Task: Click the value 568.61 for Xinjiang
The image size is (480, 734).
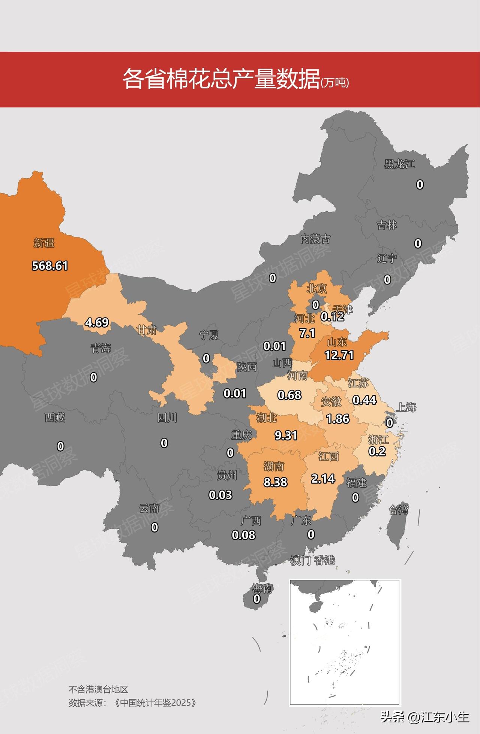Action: coord(50,266)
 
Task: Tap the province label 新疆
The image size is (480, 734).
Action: coord(44,243)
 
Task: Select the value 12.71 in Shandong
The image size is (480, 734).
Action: coord(339,355)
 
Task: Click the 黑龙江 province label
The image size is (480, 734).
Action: coord(399,164)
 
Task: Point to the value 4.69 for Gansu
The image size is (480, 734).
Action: coord(96,322)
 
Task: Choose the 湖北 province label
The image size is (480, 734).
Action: coord(267,418)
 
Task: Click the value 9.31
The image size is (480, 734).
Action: coord(286,435)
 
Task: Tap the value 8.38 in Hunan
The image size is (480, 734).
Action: coord(275,482)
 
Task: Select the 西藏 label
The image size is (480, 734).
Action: coord(55,418)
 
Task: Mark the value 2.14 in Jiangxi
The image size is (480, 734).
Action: coord(323,478)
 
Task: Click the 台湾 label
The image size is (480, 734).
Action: coord(398,510)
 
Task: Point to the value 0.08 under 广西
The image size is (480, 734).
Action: coord(243,535)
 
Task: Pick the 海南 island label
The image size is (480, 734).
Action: coord(262,588)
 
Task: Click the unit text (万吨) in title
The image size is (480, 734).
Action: coord(335,83)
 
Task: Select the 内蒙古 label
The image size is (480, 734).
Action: coord(315,239)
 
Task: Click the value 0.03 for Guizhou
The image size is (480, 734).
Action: coord(220,495)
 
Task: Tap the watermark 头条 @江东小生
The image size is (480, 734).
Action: coord(425,717)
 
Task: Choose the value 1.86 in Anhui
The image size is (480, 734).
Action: coord(337,419)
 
